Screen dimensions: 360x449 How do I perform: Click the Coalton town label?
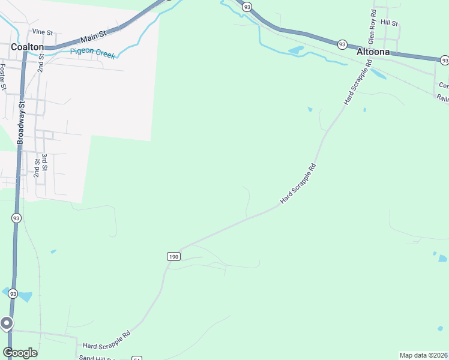tap(27, 47)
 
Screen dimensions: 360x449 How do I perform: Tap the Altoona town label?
tap(373, 52)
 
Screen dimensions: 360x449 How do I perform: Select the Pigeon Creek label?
tap(92, 52)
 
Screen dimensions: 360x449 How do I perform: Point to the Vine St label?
tap(43, 31)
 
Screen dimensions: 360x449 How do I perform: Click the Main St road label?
tap(93, 37)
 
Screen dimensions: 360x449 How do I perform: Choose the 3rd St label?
tap(44, 163)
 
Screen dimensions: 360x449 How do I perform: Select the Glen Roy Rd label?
tap(372, 27)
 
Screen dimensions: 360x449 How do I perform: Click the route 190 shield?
tap(173, 256)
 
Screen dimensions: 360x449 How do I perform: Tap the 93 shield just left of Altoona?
tap(342, 44)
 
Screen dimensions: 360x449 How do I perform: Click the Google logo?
tap(20, 353)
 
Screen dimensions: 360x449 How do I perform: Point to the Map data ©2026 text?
tap(424, 355)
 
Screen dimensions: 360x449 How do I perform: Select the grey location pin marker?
tap(7, 325)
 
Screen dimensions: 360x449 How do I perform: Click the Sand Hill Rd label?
tap(96, 358)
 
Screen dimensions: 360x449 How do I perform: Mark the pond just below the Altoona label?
tap(378, 74)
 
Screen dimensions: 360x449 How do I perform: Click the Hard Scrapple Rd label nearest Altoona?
tap(355, 84)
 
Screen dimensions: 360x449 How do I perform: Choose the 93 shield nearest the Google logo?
tap(12, 293)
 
